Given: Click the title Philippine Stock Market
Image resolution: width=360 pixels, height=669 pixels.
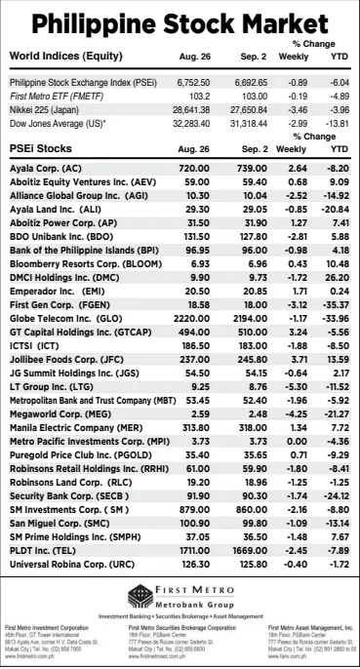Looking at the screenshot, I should click(x=180, y=23).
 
